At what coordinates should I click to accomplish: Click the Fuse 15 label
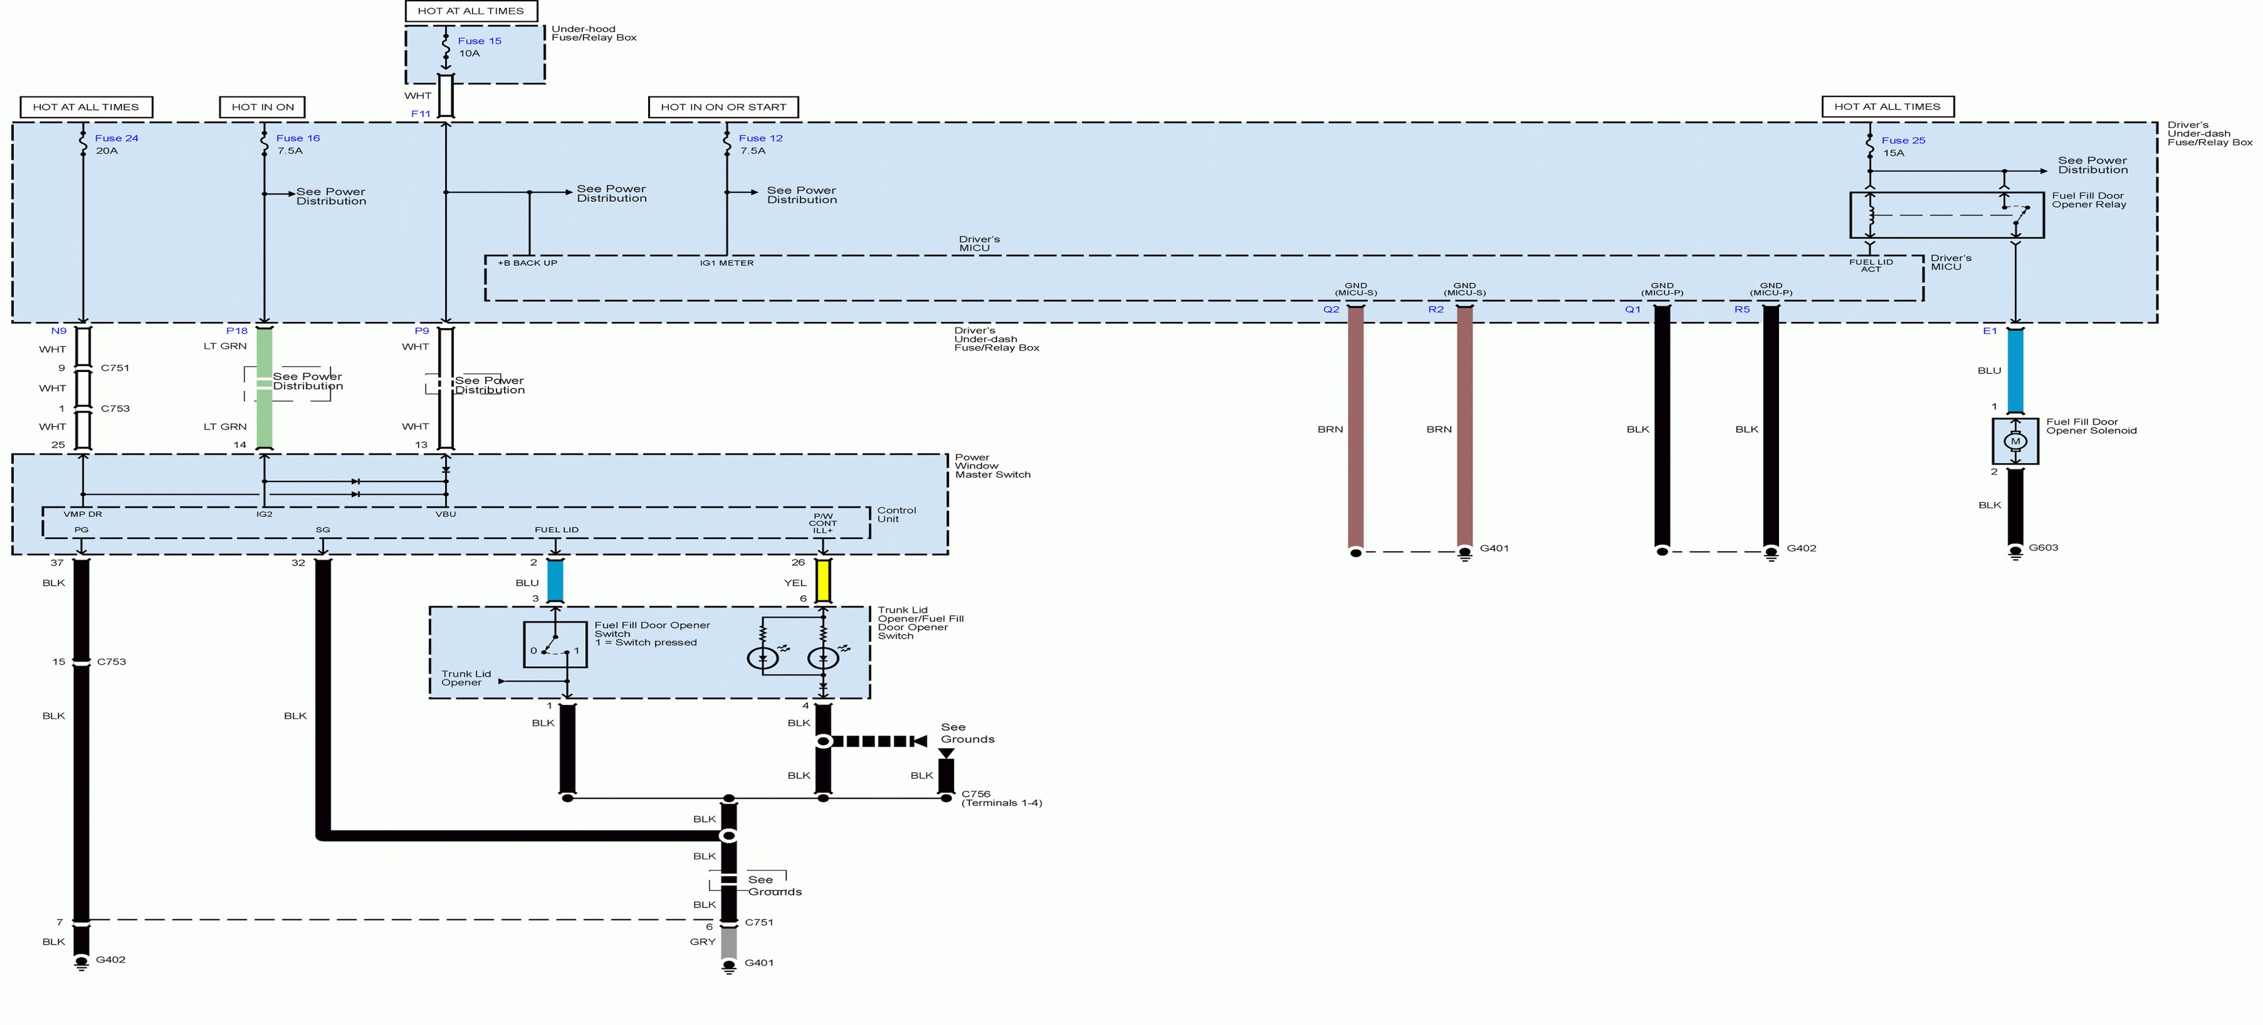pyautogui.click(x=479, y=41)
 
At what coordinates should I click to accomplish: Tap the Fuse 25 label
pyautogui.click(x=1903, y=140)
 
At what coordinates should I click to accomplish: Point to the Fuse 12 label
pyautogui.click(x=760, y=138)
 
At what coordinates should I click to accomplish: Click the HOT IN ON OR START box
pyautogui.click(x=723, y=107)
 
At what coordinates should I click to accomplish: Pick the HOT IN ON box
pyautogui.click(x=262, y=107)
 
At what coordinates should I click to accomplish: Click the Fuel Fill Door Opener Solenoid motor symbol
pyautogui.click(x=2014, y=441)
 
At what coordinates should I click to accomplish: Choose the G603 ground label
pyautogui.click(x=2043, y=547)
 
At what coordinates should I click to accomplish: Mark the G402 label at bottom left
pyautogui.click(x=111, y=959)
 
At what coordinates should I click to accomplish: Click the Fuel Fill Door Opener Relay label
pyautogui.click(x=2088, y=200)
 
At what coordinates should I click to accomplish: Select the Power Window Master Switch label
pyautogui.click(x=992, y=465)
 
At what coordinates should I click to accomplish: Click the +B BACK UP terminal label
pyautogui.click(x=527, y=262)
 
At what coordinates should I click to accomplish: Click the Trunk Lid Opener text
pyautogui.click(x=466, y=678)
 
